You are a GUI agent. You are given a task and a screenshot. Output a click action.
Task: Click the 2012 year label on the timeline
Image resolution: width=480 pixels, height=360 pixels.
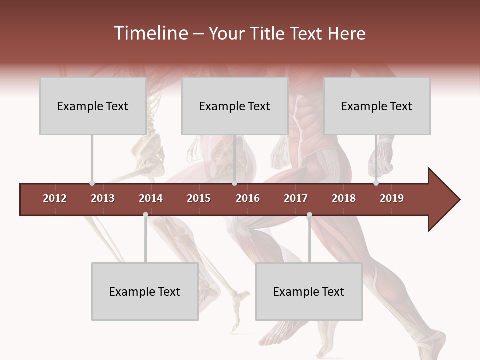pyautogui.click(x=55, y=198)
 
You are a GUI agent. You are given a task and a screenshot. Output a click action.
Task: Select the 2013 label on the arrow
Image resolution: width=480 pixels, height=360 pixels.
pyautogui.click(x=103, y=198)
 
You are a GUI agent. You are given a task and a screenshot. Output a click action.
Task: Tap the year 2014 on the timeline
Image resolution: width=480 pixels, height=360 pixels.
pyautogui.click(x=151, y=198)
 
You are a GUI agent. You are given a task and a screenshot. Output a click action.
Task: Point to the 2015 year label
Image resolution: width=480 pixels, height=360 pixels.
pyautogui.click(x=199, y=198)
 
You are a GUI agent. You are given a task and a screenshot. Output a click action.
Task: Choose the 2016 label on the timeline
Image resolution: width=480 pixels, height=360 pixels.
pyautogui.click(x=248, y=198)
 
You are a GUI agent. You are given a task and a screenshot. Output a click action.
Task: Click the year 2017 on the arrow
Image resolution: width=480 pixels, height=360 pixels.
pyautogui.click(x=296, y=198)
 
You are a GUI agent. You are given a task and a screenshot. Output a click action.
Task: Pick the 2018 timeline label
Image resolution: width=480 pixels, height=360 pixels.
pyautogui.click(x=344, y=198)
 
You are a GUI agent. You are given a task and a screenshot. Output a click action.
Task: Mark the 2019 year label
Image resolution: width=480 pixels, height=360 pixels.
pyautogui.click(x=392, y=198)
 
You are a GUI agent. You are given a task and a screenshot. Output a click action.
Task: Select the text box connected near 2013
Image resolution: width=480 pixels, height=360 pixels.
pyautogui.click(x=93, y=106)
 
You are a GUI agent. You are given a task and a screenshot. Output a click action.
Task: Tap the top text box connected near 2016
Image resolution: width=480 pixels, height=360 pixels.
pyautogui.click(x=235, y=106)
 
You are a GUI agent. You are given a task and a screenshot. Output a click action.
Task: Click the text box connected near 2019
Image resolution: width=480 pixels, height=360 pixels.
pyautogui.click(x=377, y=106)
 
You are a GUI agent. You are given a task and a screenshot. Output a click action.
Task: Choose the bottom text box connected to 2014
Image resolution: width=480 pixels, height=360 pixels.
pyautogui.click(x=145, y=291)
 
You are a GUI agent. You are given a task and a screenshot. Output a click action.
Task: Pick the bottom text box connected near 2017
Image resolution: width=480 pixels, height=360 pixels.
pyautogui.click(x=309, y=291)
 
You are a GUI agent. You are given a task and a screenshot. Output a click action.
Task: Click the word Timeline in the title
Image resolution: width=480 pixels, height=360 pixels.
pyautogui.click(x=150, y=33)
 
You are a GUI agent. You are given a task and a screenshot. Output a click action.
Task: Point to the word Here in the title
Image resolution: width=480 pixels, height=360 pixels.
pyautogui.click(x=346, y=33)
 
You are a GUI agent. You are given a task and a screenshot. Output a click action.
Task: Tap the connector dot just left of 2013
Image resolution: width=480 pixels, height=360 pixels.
pyautogui.click(x=92, y=183)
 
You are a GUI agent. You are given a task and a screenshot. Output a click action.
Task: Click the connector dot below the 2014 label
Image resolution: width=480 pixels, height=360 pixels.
pyautogui.click(x=145, y=215)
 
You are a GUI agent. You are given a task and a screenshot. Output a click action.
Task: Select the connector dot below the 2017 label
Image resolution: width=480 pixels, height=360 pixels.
pyautogui.click(x=309, y=215)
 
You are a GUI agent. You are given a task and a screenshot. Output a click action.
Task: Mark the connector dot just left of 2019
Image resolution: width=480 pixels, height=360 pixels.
pyautogui.click(x=376, y=183)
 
